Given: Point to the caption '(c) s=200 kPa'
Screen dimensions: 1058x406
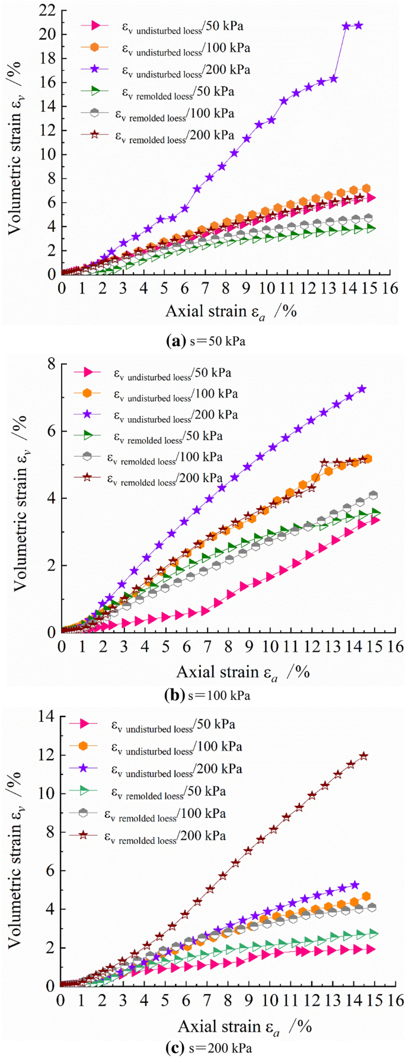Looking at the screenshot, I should (x=208, y=1048).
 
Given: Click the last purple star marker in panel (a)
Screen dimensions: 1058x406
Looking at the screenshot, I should (x=359, y=26).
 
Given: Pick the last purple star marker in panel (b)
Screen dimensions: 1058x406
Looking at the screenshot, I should (x=362, y=389).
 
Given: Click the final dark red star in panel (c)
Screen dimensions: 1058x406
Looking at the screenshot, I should (x=363, y=756).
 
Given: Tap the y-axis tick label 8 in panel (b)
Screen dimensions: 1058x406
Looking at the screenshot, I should (x=52, y=363).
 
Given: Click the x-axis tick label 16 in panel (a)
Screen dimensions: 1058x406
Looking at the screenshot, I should (x=389, y=289).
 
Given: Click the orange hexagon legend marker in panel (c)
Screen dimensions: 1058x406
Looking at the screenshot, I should (x=84, y=746).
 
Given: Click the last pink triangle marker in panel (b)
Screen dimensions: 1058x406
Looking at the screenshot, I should (x=375, y=520).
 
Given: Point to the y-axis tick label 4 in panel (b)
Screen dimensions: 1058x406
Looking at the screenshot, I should (x=52, y=498).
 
